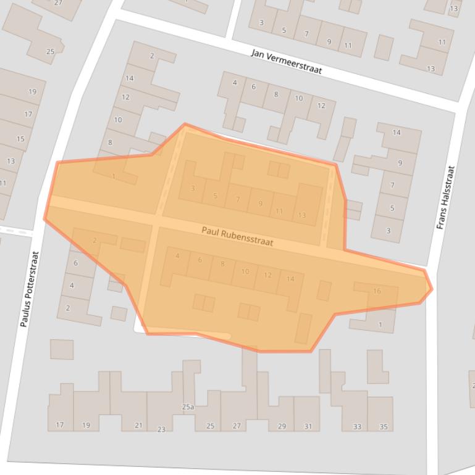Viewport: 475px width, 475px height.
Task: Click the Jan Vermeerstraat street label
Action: (x=287, y=62)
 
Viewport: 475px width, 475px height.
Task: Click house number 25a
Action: (x=188, y=407)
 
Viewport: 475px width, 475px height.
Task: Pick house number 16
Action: (x=377, y=291)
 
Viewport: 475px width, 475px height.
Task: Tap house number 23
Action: (x=161, y=429)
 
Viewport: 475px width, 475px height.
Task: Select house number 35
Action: (x=383, y=427)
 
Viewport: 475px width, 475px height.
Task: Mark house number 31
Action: (x=308, y=426)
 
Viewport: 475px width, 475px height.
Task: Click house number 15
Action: (x=20, y=139)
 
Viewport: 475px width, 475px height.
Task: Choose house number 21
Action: (x=138, y=426)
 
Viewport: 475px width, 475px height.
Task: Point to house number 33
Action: (x=357, y=427)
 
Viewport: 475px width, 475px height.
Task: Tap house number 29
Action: (x=282, y=426)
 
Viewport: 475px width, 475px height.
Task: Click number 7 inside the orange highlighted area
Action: (x=237, y=199)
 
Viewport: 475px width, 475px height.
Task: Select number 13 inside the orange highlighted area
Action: (x=301, y=215)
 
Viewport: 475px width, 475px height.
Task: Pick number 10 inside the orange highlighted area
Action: (x=245, y=271)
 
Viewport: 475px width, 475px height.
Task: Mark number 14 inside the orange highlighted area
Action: (x=290, y=279)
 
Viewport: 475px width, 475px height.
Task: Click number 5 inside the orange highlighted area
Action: (x=215, y=196)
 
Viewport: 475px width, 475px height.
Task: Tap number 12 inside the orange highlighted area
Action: (x=267, y=275)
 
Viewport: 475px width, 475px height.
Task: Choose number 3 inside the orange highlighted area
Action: (x=193, y=188)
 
